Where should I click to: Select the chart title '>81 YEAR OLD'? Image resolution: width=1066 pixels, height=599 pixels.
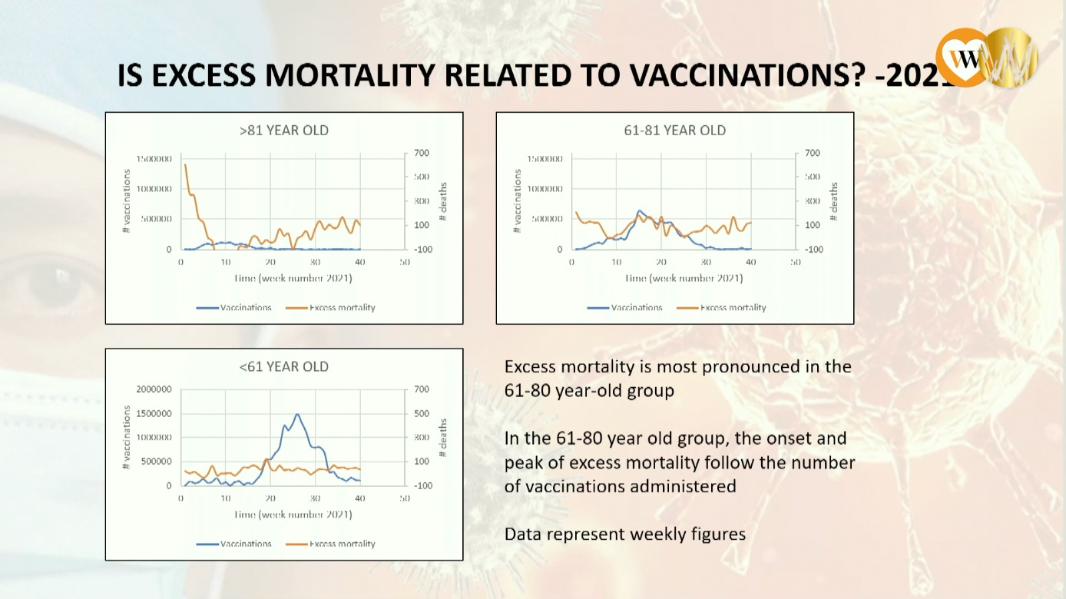pos(283,131)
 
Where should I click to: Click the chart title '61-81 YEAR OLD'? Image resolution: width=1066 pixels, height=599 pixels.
pos(674,131)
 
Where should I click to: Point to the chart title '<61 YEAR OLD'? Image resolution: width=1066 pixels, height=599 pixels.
pos(283,367)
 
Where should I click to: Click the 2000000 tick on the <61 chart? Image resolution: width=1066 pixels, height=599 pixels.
pos(154,389)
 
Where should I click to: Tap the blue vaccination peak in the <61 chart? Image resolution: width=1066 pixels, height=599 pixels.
pos(296,415)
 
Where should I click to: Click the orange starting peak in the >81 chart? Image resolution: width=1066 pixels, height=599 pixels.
pos(185,165)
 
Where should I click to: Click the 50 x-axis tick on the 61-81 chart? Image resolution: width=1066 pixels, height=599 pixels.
pos(796,262)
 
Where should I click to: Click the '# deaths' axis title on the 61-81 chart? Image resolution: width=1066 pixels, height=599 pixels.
pos(835,201)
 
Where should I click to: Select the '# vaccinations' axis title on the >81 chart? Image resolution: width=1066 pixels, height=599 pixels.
pos(127,201)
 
